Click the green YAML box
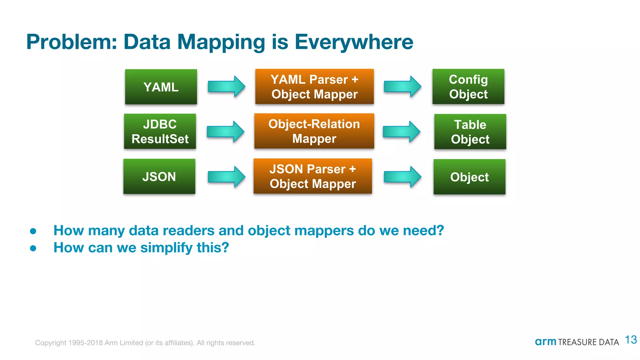[161, 87]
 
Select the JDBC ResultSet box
[160, 131]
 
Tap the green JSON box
[159, 177]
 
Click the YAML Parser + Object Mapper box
[314, 87]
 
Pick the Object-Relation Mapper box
[314, 131]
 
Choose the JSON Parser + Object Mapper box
[313, 176]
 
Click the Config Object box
[468, 87]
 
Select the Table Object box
[470, 132]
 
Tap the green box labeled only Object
[469, 177]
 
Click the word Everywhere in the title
[354, 42]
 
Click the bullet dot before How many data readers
[33, 231]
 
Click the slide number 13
[631, 340]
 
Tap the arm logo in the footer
[545, 342]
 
